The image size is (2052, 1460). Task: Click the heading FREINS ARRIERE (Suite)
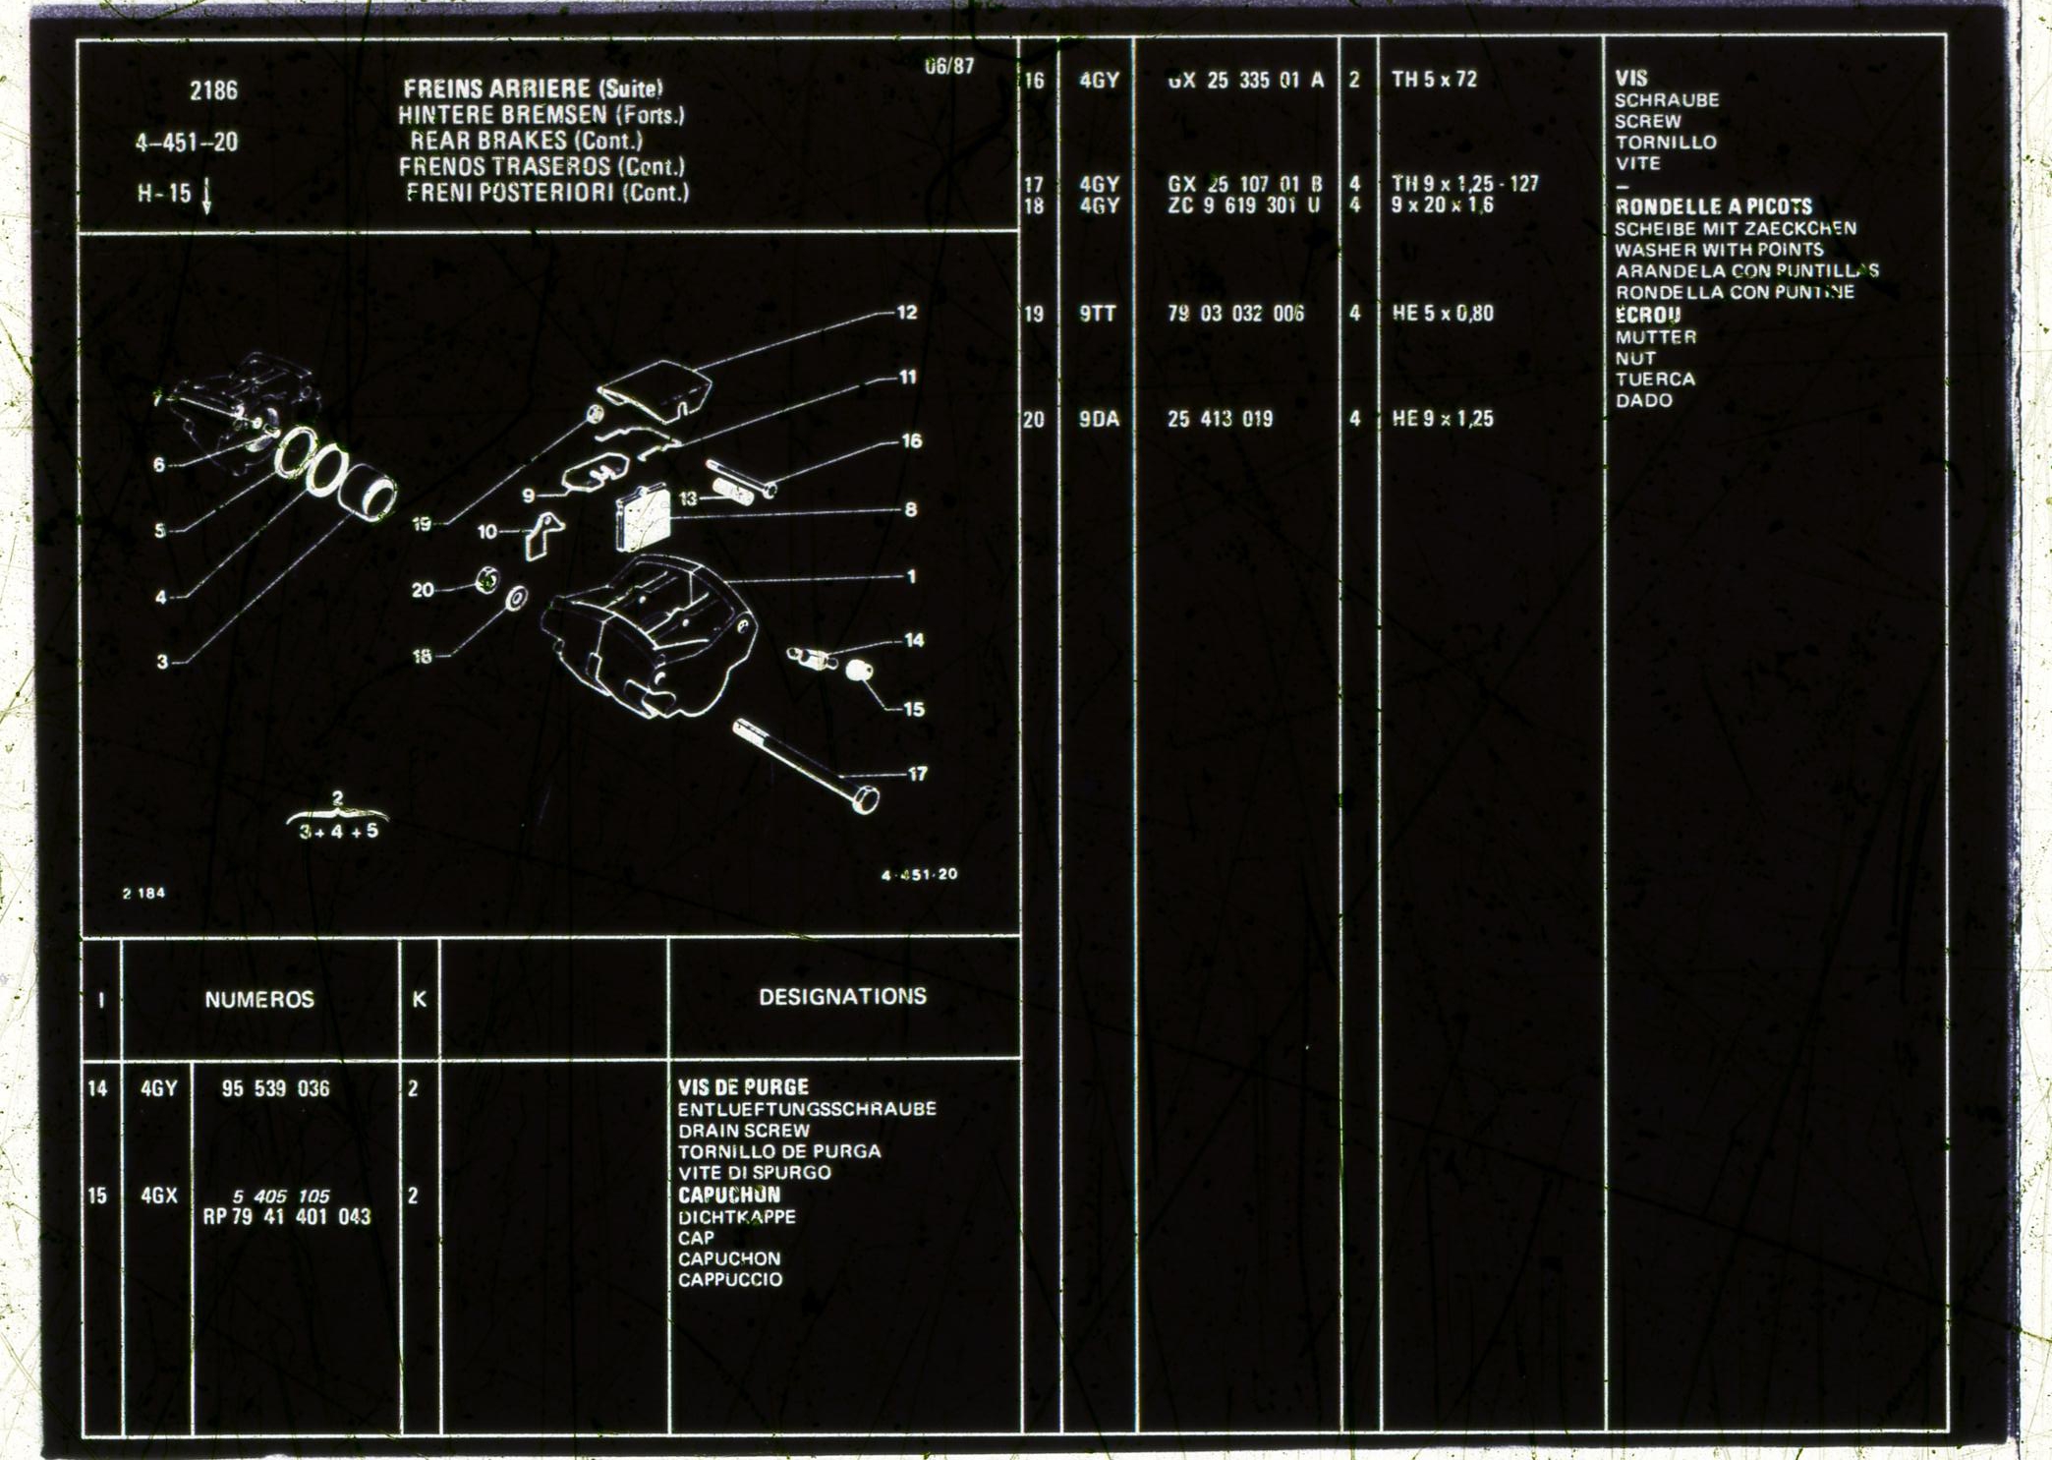533,88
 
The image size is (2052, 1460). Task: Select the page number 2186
213,90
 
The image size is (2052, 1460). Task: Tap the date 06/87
948,66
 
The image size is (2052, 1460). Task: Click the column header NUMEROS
259,999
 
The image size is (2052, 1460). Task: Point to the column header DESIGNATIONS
842,996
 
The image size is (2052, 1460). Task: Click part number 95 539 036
275,1088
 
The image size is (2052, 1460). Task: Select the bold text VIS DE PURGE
743,1086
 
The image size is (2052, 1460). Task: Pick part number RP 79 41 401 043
287,1216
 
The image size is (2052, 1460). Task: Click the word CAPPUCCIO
730,1279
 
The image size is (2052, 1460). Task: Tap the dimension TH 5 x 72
1434,80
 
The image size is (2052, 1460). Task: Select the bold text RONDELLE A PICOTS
1713,206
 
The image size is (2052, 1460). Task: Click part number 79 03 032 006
1235,314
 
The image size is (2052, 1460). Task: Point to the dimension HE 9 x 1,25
1442,419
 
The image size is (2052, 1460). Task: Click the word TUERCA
1655,379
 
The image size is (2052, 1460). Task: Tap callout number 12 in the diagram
906,313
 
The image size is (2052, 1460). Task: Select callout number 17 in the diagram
917,774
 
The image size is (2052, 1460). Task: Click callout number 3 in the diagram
162,662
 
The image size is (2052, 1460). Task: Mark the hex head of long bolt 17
864,800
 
